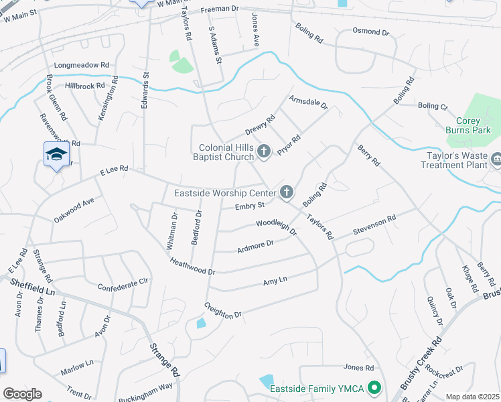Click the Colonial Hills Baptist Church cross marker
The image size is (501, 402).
tap(263, 152)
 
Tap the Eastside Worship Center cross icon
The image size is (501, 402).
tap(287, 193)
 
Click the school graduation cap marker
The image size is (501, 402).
tap(56, 155)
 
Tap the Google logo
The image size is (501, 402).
tap(22, 394)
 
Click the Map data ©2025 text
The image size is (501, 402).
tap(472, 397)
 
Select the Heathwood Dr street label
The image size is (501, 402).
tap(192, 267)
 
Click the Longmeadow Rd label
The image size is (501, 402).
tap(81, 66)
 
